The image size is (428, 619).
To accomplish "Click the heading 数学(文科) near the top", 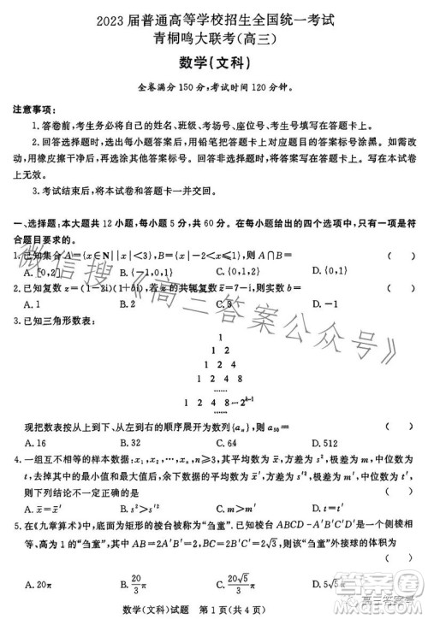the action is (214, 62).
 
